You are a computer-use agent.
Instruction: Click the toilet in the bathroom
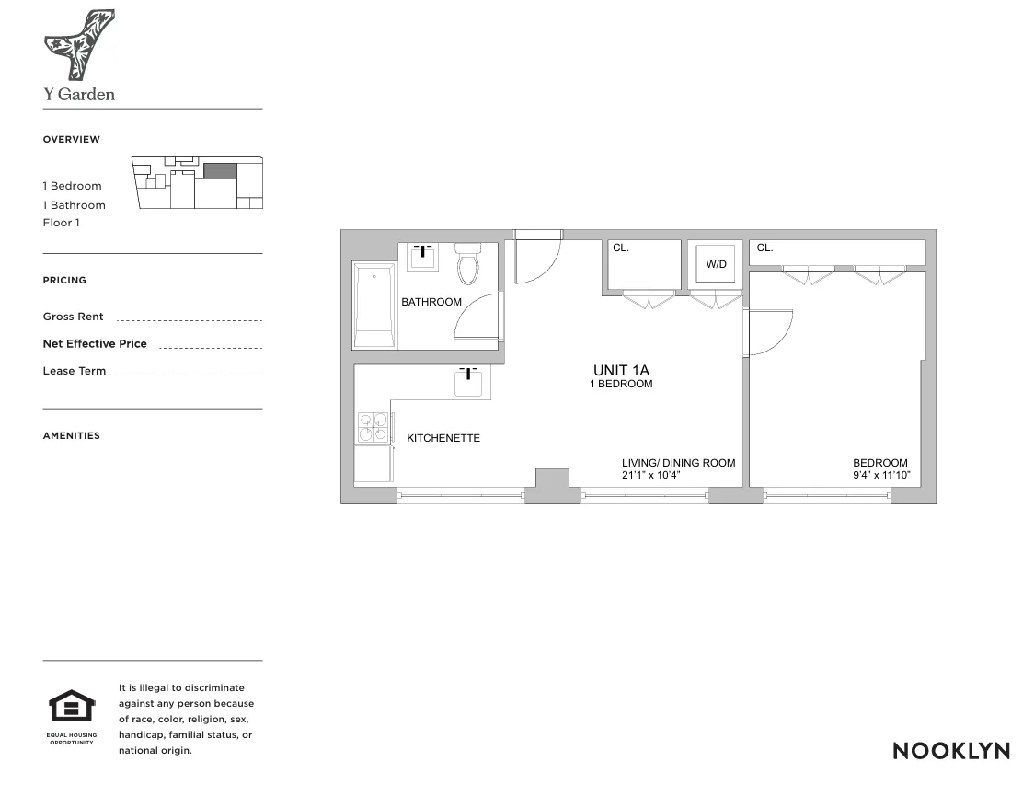pos(469,264)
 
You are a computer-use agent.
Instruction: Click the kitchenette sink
pos(468,380)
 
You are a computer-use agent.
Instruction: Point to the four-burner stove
pos(373,427)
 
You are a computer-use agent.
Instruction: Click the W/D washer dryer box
pos(717,264)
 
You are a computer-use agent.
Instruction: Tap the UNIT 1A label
pos(622,370)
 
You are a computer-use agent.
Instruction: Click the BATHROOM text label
pos(431,302)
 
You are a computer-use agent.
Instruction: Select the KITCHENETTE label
pos(443,438)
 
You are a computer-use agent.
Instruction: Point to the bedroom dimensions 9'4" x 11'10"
pos(880,476)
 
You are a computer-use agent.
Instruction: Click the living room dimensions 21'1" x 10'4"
pos(651,476)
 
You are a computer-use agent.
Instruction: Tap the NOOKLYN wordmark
pos(951,750)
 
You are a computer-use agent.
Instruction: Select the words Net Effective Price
pos(95,344)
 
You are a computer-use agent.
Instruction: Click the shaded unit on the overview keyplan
pos(220,170)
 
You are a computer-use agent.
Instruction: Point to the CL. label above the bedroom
pos(765,248)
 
